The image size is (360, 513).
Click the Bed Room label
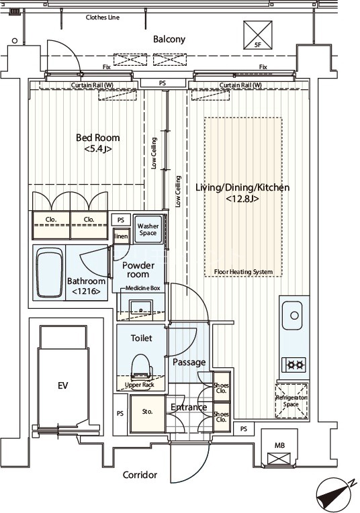pyautogui.click(x=98, y=138)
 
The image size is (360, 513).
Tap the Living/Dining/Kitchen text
pyautogui.click(x=242, y=187)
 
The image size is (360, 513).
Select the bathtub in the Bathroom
pyautogui.click(x=49, y=273)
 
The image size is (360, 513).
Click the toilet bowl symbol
pyautogui.click(x=142, y=367)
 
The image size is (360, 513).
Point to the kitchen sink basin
pyautogui.click(x=292, y=316)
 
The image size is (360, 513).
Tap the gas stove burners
pyautogui.click(x=294, y=364)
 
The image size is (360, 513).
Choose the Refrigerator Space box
pyautogui.click(x=291, y=401)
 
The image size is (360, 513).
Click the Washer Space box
pyautogui.click(x=148, y=230)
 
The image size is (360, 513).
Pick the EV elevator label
pyautogui.click(x=63, y=385)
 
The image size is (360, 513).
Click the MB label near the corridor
pyautogui.click(x=279, y=445)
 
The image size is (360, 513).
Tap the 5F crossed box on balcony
pyautogui.click(x=258, y=35)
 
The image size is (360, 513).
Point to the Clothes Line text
pyautogui.click(x=103, y=17)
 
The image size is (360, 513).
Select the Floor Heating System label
pyautogui.click(x=244, y=272)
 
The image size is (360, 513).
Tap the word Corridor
pyautogui.click(x=140, y=475)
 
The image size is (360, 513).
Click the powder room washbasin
pyautogui.click(x=142, y=308)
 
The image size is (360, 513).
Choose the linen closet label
pyautogui.click(x=122, y=236)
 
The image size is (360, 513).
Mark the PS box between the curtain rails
pyautogui.click(x=163, y=83)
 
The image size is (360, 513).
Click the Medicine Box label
pyautogui.click(x=143, y=288)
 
